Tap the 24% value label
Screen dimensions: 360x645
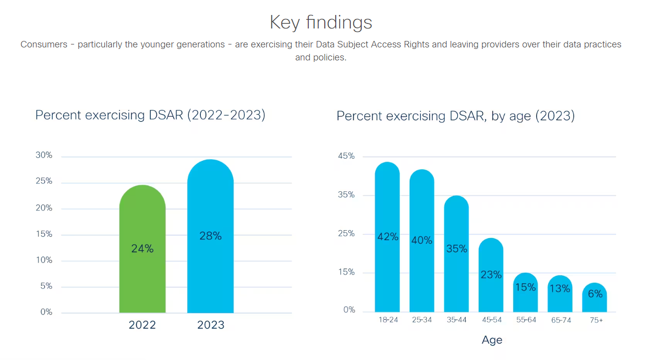142,248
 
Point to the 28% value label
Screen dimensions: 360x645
210,236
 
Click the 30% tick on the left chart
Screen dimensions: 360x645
44,155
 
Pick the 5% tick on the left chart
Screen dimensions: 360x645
45,286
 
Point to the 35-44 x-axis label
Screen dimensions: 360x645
456,320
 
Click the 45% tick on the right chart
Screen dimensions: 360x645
346,156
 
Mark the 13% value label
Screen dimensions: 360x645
560,289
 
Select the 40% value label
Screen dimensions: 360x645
422,240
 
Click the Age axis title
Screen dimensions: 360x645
492,340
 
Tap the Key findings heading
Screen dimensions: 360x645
321,22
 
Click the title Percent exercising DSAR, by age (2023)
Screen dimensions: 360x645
455,116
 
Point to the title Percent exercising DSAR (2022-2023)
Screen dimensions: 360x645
150,115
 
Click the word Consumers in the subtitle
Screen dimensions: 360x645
44,44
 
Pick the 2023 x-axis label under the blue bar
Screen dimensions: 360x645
210,325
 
